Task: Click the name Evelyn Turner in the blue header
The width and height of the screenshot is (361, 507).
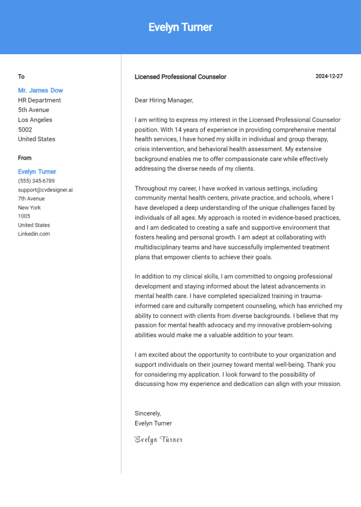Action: click(180, 27)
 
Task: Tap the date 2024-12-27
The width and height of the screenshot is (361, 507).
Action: click(329, 76)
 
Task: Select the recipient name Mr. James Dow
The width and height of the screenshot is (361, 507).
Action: click(40, 90)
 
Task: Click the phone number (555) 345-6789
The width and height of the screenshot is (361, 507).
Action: click(36, 181)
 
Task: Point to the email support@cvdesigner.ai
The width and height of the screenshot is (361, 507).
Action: click(45, 190)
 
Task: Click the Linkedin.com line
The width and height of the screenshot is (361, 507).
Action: click(34, 234)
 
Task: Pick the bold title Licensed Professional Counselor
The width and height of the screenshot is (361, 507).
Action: click(180, 77)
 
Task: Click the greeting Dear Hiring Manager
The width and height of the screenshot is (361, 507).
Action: click(164, 100)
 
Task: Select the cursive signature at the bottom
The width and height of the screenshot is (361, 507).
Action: click(158, 440)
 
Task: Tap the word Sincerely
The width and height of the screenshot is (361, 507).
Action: click(148, 413)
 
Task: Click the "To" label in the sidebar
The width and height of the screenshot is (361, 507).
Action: click(21, 77)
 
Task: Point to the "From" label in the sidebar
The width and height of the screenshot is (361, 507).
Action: click(25, 158)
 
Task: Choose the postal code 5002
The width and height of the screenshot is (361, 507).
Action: click(25, 129)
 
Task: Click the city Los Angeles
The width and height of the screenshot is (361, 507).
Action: click(35, 119)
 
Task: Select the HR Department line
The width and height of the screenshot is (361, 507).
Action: click(39, 100)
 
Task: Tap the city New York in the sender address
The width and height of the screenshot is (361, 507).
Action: click(30, 207)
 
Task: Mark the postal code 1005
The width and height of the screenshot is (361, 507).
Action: click(24, 216)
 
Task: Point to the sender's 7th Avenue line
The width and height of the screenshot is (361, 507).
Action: click(31, 198)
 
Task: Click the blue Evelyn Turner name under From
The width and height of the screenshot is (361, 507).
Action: click(37, 172)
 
